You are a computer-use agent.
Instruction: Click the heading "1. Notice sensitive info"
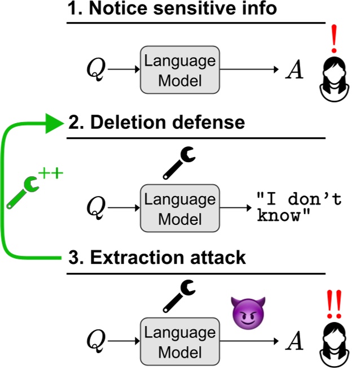tap(172, 8)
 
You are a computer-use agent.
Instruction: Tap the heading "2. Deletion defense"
tap(156, 123)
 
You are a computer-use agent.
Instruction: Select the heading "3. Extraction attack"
tap(157, 258)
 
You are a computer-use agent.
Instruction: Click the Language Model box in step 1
tap(180, 70)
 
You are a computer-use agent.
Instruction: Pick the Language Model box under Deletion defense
tap(180, 208)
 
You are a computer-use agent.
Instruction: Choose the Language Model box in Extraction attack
tap(180, 341)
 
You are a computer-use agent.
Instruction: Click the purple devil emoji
tap(248, 314)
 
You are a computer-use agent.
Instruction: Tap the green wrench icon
tap(23, 192)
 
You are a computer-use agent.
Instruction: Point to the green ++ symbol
tap(51, 173)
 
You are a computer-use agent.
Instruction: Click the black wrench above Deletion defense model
tap(179, 163)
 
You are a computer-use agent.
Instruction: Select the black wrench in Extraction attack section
tap(179, 297)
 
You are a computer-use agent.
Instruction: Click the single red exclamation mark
tap(334, 39)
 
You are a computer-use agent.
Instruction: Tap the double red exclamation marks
tap(334, 304)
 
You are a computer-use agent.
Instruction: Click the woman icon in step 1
tap(334, 79)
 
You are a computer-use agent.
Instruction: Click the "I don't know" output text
tap(299, 207)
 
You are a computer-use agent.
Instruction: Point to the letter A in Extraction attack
tap(295, 341)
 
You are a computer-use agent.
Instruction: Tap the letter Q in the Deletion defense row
tap(96, 208)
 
